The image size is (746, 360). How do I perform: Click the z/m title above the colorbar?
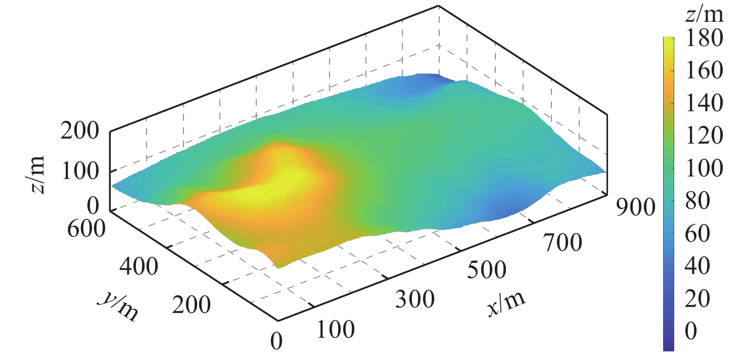pyautogui.click(x=705, y=15)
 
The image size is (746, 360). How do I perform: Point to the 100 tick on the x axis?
pyautogui.click(x=336, y=331)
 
